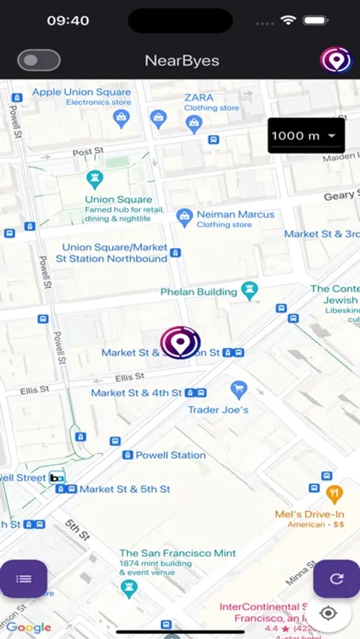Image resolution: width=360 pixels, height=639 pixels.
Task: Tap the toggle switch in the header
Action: [x=39, y=60]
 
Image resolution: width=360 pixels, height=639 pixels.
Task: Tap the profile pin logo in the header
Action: [x=336, y=60]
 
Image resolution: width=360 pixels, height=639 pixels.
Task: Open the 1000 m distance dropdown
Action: [x=305, y=135]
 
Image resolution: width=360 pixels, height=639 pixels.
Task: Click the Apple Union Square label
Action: [x=82, y=92]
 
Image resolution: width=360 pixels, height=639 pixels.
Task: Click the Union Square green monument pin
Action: [x=94, y=179]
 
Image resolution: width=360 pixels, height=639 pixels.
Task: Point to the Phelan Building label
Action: [x=198, y=292]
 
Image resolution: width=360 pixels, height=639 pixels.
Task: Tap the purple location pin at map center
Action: [x=180, y=342]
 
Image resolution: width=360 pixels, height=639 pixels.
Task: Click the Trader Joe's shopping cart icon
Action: [x=239, y=390]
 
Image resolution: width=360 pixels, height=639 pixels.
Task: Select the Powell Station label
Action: [x=170, y=455]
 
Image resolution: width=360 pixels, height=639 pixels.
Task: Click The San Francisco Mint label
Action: [x=178, y=553]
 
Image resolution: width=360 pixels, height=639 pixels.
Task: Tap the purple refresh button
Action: [x=337, y=579]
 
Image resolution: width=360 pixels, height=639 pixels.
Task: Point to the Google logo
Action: [x=29, y=628]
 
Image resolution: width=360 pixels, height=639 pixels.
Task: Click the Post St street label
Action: [x=89, y=151]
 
